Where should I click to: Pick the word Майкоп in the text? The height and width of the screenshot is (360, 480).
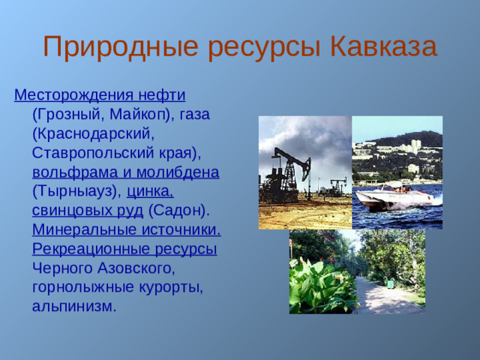coord(141,115)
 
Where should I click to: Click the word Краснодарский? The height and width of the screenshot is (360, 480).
coord(94,134)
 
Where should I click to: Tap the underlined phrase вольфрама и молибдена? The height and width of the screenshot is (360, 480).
coord(125,172)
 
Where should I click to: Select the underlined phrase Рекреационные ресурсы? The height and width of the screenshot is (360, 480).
coord(124,249)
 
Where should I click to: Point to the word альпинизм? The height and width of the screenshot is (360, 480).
coord(73,306)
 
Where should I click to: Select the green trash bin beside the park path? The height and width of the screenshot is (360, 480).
coord(390,283)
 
